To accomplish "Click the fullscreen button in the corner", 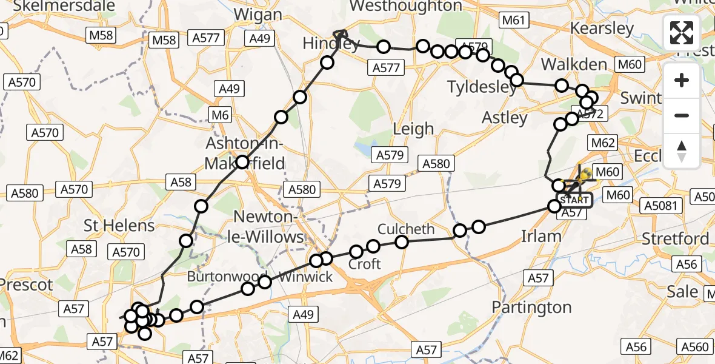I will pos(682,33).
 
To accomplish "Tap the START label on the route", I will pos(574,200).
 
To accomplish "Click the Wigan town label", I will pos(258,14).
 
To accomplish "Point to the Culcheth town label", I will pos(406,229).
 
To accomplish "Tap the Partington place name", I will pos(532,307).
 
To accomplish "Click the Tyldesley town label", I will pos(482,87).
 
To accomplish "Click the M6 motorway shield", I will pos(218,113).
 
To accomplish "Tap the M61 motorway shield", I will pos(513,21).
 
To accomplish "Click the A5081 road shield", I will pos(660,206).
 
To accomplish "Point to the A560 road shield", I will pos(694,347).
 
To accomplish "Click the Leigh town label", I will pos(413,129).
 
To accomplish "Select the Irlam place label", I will pos(541,236).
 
